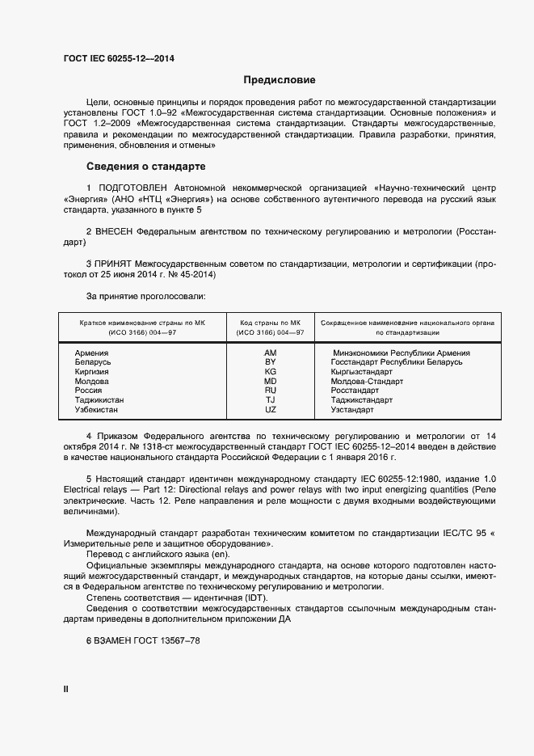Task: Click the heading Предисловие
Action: click(280, 80)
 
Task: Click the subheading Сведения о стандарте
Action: click(145, 167)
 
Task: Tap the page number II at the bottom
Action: click(66, 689)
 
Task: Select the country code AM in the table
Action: click(270, 353)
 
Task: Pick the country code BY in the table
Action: click(270, 362)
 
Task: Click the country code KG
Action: click(270, 372)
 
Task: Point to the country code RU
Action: click(270, 391)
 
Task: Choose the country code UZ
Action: click(270, 410)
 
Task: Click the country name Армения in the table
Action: click(91, 353)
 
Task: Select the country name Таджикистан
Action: click(99, 400)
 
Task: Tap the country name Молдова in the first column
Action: click(92, 381)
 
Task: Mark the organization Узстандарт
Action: click(352, 410)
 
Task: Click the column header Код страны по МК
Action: click(270, 323)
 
